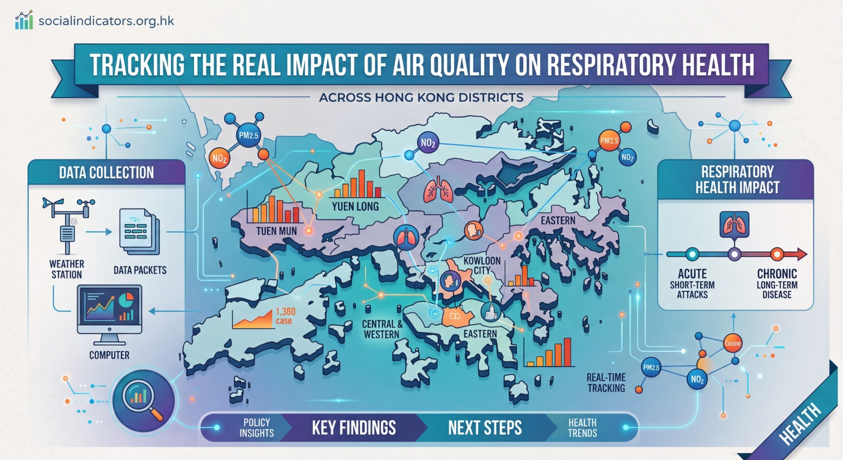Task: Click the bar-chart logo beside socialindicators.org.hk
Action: pyautogui.click(x=24, y=20)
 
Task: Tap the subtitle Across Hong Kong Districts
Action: pyautogui.click(x=421, y=98)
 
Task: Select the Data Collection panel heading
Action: pyautogui.click(x=106, y=173)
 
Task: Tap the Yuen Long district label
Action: pyautogui.click(x=355, y=207)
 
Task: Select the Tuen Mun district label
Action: pyautogui.click(x=276, y=231)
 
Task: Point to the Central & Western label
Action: pyautogui.click(x=382, y=329)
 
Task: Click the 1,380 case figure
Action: pyautogui.click(x=285, y=316)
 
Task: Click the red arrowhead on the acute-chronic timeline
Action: pyautogui.click(x=802, y=254)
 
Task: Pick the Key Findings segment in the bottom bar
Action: pyautogui.click(x=354, y=428)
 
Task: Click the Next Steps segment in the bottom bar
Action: pyautogui.click(x=485, y=428)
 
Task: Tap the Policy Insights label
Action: pyautogui.click(x=257, y=428)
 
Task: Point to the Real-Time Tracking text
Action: pyautogui.click(x=606, y=383)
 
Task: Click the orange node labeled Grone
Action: pyautogui.click(x=732, y=343)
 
